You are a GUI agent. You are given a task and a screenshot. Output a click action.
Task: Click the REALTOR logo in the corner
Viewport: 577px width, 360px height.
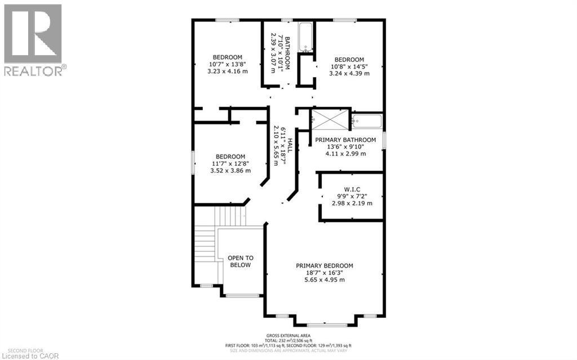33,39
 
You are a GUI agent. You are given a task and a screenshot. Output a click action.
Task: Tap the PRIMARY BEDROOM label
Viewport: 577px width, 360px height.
325,265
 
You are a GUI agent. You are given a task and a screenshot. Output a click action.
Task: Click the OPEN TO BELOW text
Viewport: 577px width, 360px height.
240,261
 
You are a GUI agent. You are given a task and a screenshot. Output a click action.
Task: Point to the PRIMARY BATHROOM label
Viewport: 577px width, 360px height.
345,140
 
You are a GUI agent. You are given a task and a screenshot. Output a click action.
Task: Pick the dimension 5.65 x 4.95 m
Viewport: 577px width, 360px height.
325,279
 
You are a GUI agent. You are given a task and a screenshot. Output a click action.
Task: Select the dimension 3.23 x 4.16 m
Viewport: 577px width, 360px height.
228,72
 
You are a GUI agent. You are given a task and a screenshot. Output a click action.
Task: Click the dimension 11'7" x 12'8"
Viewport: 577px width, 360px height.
230,164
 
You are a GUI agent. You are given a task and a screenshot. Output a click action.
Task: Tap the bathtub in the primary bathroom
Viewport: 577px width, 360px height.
367,121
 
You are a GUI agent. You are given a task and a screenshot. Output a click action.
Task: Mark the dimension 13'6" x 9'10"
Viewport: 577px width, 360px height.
345,146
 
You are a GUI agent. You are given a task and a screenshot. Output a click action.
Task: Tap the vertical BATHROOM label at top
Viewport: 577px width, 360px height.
287,54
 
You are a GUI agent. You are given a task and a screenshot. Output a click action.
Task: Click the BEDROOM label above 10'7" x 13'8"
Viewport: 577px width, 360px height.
228,57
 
